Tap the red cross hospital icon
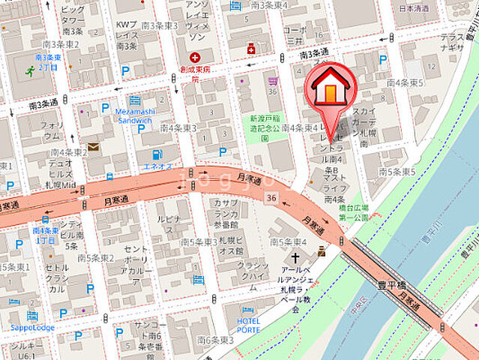pos(195,57)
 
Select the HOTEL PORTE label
pos(249,324)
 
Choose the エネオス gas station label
pos(157,165)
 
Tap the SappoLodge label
pos(32,327)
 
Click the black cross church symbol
pos(284,257)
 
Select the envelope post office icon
pos(94,147)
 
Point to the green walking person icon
pos(30,72)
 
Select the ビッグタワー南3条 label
pos(72,20)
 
